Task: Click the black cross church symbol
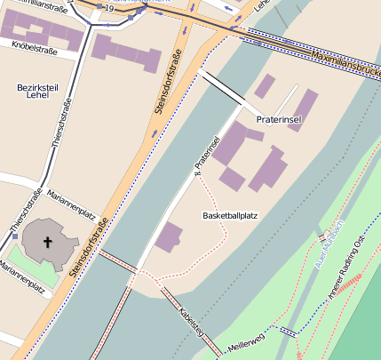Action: click(47, 241)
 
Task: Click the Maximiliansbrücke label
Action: click(344, 62)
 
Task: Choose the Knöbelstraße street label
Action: click(28, 52)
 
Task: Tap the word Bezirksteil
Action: click(37, 87)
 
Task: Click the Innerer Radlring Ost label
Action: click(348, 268)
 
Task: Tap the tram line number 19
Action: click(108, 8)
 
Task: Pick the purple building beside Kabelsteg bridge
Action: click(168, 237)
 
